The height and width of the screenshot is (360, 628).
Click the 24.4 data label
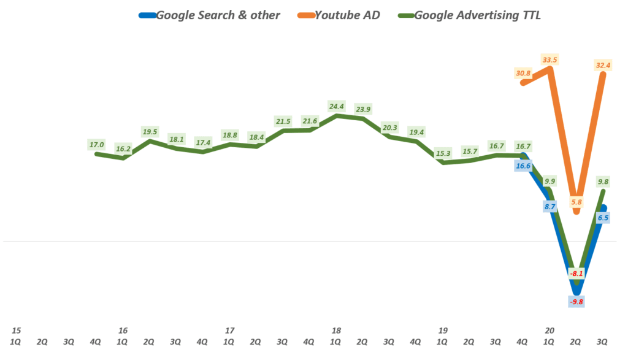337,105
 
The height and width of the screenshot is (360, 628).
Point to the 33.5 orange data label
549,59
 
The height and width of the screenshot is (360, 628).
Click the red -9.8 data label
576,301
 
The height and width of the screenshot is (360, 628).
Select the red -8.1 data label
576,274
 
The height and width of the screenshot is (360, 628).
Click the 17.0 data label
97,145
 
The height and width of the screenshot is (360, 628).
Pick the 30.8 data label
523,74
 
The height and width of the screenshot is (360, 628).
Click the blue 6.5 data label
603,217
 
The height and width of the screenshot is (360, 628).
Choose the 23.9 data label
363,109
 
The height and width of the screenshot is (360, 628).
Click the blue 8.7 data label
549,207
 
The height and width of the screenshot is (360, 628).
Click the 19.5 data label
150,131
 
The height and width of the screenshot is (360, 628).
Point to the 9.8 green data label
603,181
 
